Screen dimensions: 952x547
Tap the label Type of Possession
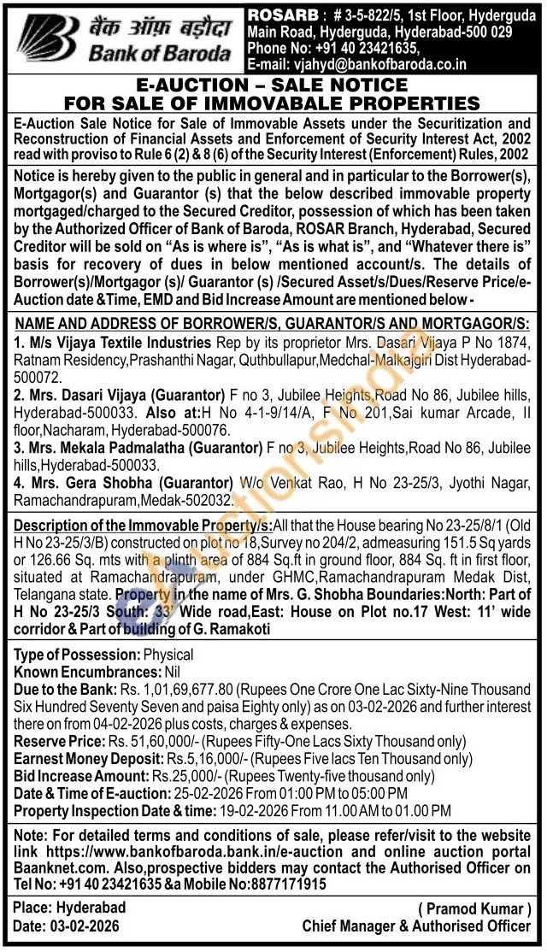point(75,655)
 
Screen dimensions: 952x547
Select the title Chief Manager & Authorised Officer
point(416,926)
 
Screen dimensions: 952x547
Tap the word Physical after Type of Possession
point(168,655)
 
